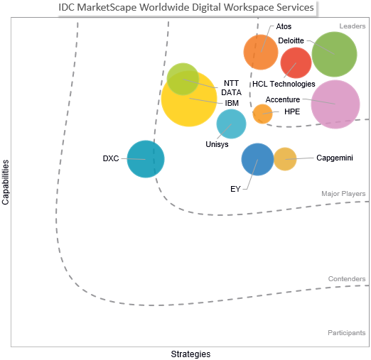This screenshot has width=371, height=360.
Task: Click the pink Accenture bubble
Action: pyautogui.click(x=335, y=104)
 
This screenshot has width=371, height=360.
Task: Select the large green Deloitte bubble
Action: pyautogui.click(x=334, y=55)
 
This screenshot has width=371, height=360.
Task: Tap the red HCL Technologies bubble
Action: pyautogui.click(x=296, y=62)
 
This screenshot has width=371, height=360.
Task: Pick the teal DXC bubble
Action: pyautogui.click(x=146, y=159)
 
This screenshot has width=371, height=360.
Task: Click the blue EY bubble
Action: pyautogui.click(x=257, y=159)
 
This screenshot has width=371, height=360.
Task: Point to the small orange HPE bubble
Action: pyautogui.click(x=262, y=114)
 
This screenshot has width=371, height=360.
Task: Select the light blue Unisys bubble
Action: pyautogui.click(x=231, y=124)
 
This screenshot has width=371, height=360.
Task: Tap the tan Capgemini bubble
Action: pyautogui.click(x=285, y=159)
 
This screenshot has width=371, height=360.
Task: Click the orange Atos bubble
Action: pyautogui.click(x=261, y=52)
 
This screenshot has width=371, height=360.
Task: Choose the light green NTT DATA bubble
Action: pyautogui.click(x=183, y=79)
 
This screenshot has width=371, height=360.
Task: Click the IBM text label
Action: pyautogui.click(x=232, y=103)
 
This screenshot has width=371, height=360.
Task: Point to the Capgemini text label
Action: pyautogui.click(x=335, y=158)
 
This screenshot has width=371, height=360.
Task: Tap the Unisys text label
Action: pyautogui.click(x=217, y=144)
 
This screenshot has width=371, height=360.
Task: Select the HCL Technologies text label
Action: pyautogui.click(x=284, y=84)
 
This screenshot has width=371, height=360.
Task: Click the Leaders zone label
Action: pyautogui.click(x=353, y=26)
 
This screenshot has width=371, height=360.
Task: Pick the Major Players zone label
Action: pyautogui.click(x=343, y=194)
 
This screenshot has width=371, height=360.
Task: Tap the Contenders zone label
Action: pyautogui.click(x=347, y=279)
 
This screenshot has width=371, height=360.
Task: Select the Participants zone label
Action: pyautogui.click(x=347, y=333)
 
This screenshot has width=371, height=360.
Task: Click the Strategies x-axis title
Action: pyautogui.click(x=190, y=354)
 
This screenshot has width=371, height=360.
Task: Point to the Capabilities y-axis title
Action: pyautogui.click(x=6, y=182)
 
